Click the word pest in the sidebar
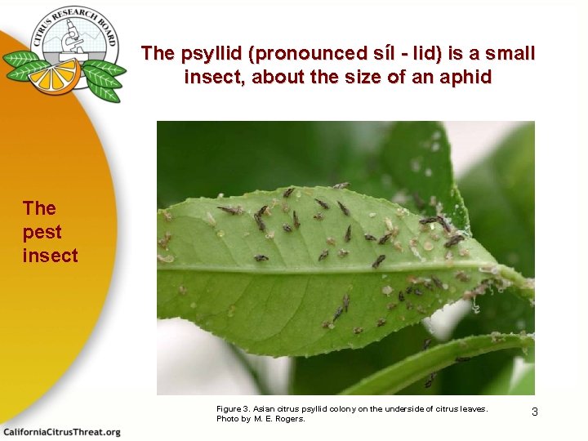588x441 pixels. click(42, 232)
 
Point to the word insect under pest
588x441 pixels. click(51, 256)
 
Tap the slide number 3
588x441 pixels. click(535, 412)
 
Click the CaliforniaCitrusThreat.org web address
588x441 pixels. click(62, 432)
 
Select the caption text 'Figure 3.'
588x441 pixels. click(234, 408)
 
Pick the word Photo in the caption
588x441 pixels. click(227, 419)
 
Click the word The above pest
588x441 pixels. click(39, 208)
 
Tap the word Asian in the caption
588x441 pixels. click(265, 408)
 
